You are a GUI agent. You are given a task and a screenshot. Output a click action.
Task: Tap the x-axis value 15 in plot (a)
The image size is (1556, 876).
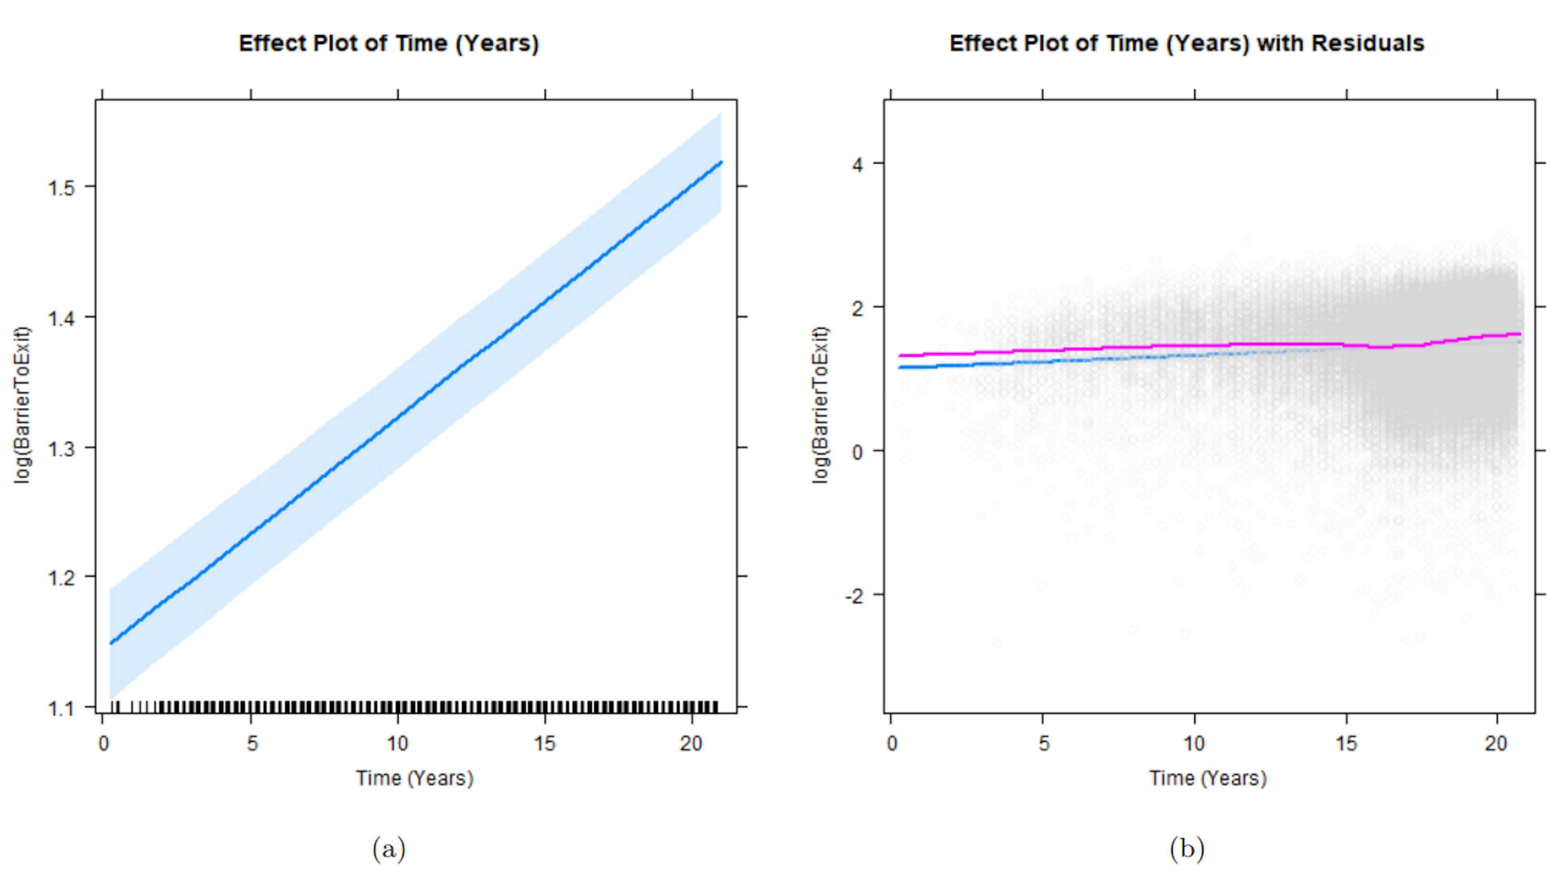pos(544,744)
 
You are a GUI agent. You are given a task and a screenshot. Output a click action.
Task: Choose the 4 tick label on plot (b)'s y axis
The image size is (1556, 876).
pos(857,165)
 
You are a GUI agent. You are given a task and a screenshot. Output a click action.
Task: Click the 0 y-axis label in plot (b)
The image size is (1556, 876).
pos(857,452)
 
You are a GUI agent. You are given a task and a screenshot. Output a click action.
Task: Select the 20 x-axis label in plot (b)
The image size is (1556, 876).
pos(1496,744)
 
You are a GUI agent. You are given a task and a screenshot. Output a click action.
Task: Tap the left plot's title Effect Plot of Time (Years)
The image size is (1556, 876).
pos(389,43)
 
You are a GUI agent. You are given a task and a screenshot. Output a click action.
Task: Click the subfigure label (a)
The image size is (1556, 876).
pos(389,849)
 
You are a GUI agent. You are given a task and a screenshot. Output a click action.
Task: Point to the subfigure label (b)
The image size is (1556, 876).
pos(1186,849)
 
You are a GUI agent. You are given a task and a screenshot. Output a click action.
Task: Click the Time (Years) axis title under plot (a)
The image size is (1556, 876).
pos(415,778)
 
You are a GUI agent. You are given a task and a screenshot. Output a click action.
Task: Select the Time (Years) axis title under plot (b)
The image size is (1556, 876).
pos(1208,778)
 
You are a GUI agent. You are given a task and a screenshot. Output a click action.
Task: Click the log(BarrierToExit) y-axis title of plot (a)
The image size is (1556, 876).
pos(22,405)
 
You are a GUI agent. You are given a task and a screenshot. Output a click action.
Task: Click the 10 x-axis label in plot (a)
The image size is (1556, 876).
pos(398,744)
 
